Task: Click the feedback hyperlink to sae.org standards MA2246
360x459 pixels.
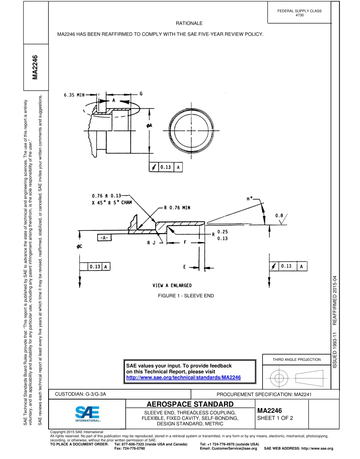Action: point(183,378)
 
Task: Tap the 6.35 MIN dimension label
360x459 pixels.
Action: point(75,95)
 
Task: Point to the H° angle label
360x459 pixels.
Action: point(249,199)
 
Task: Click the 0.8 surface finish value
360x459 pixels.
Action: point(279,216)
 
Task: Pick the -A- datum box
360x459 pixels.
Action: point(104,238)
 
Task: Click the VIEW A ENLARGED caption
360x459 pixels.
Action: point(172,285)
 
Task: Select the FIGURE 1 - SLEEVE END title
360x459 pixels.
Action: point(186,296)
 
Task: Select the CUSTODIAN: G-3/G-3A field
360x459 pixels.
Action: point(80,394)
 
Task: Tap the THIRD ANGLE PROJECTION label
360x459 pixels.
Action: point(297,359)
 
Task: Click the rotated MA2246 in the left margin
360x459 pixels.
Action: point(35,67)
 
